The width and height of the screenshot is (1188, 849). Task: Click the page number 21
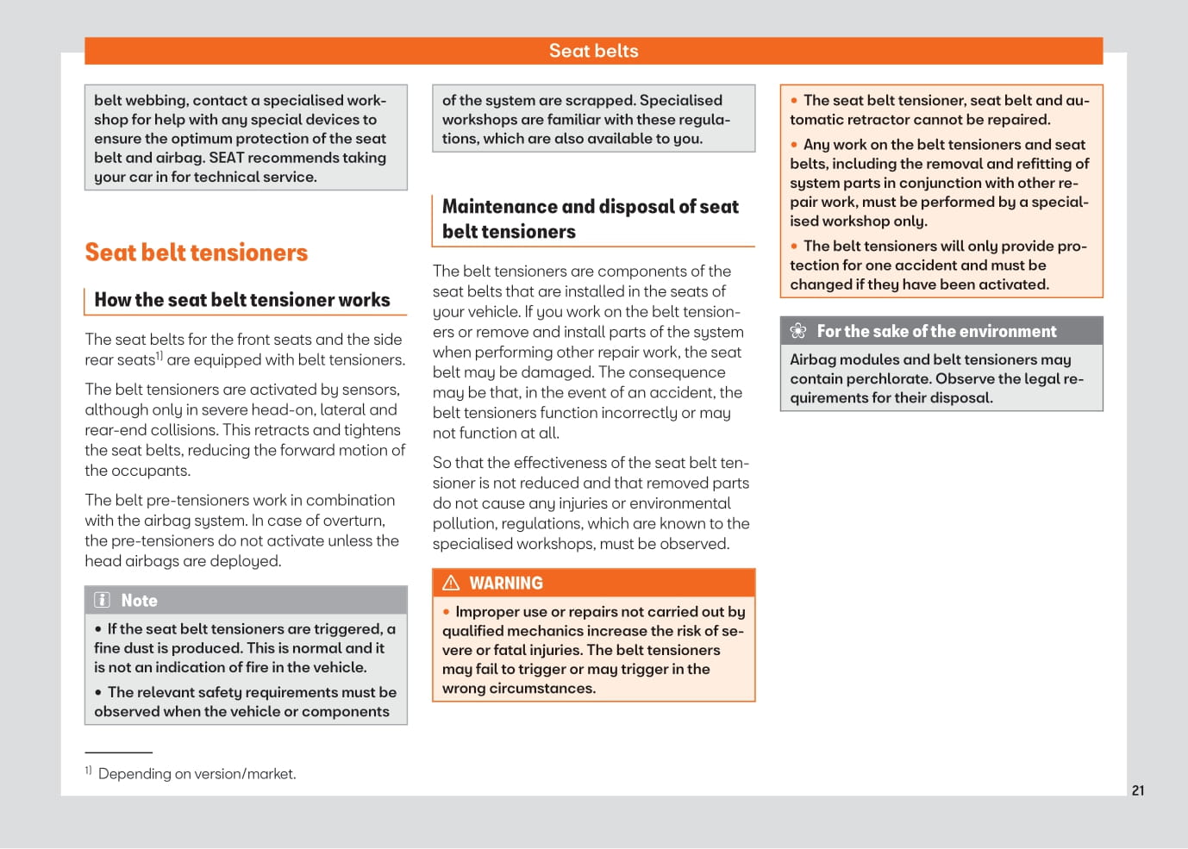tap(1138, 790)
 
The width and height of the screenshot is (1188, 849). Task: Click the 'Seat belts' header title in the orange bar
tap(593, 51)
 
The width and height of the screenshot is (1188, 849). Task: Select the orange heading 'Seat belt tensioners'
tap(196, 253)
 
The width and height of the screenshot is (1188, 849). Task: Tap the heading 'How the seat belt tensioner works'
tap(241, 300)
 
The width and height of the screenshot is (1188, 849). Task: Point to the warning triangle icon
tap(451, 583)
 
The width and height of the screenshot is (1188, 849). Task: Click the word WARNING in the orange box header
tap(506, 584)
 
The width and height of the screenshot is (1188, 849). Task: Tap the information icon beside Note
tap(103, 600)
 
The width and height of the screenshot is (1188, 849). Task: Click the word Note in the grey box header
tap(139, 601)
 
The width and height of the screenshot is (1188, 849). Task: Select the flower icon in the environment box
tap(798, 331)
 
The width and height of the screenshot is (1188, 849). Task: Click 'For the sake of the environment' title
tap(936, 331)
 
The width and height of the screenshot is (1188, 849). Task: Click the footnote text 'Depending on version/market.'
tap(197, 774)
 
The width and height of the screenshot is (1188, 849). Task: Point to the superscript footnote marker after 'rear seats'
tap(159, 355)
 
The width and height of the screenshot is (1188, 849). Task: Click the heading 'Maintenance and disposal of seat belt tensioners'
tap(590, 219)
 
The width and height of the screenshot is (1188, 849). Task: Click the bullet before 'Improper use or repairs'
tap(447, 612)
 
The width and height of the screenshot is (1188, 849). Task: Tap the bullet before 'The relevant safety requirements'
tap(98, 692)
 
